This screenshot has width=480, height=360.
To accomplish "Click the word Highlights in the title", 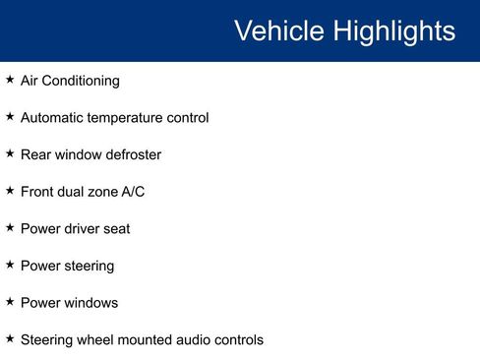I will click(393, 31).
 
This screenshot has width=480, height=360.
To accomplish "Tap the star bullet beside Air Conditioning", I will click(10, 80).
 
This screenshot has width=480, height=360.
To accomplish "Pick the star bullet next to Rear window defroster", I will click(10, 153).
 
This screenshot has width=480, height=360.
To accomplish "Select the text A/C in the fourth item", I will click(133, 192).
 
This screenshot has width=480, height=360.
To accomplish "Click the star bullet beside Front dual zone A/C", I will click(10, 191).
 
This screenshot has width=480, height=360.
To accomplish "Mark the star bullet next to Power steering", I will click(10, 265).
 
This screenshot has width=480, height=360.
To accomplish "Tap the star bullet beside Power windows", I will click(10, 302).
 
